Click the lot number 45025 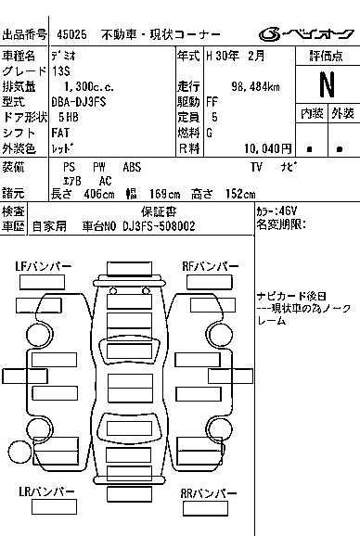[x=71, y=34]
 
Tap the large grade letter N [x=327, y=84]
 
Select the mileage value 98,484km [x=255, y=86]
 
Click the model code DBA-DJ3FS [x=79, y=102]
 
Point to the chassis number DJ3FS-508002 [x=159, y=226]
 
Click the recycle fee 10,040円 [x=268, y=148]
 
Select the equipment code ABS [x=132, y=167]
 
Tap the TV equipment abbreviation [x=256, y=167]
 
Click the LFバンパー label [x=43, y=267]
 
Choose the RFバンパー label [x=211, y=267]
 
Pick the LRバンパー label [x=46, y=491]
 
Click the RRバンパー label [x=208, y=493]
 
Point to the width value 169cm [x=165, y=194]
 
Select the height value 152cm [x=240, y=194]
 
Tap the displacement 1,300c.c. [x=89, y=86]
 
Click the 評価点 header [x=327, y=56]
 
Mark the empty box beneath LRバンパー [x=54, y=506]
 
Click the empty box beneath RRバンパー [x=205, y=508]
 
